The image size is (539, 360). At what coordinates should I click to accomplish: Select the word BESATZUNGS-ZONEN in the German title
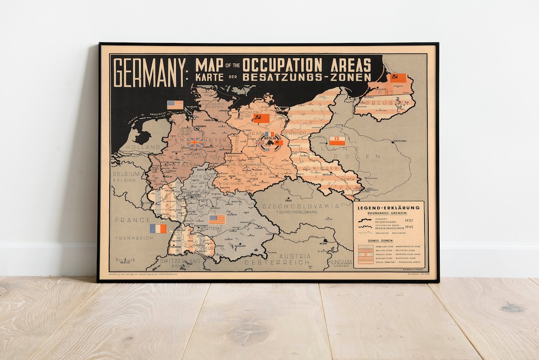pos(306,77)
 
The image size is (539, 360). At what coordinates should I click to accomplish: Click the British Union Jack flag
pos(195,143)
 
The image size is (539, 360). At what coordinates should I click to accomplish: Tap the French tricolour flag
pos(158,229)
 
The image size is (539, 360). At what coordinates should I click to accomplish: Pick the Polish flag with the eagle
pos(337,141)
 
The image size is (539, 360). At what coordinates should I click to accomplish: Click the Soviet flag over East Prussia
pos(398,78)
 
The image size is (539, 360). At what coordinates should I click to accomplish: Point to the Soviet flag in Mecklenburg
pos(261,118)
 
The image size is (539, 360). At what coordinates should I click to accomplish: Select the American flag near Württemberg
pos(217,219)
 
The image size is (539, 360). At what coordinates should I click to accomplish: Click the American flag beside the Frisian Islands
pos(175,104)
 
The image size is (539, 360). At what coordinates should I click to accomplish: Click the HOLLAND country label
pos(143,148)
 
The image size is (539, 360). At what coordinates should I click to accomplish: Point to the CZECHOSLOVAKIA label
pos(297,206)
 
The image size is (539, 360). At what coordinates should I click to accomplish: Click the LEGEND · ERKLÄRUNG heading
pos(388,208)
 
